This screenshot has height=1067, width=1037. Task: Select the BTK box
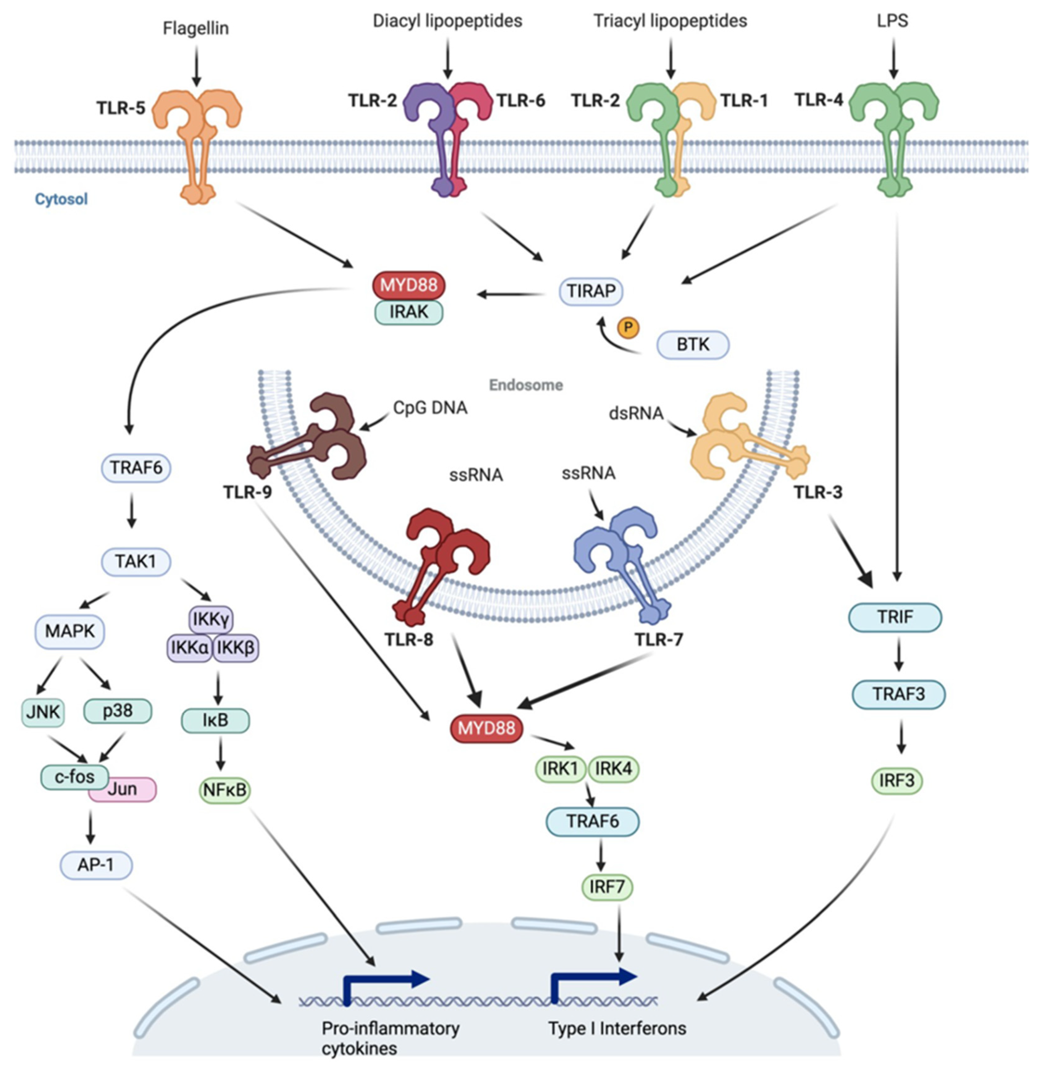point(693,345)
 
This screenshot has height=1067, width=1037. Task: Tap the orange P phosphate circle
point(628,327)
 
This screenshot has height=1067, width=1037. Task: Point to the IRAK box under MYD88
point(408,313)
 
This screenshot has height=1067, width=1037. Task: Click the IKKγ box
point(211,619)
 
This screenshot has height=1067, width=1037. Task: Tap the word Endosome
point(525,385)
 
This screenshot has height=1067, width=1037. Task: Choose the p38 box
point(118,711)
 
